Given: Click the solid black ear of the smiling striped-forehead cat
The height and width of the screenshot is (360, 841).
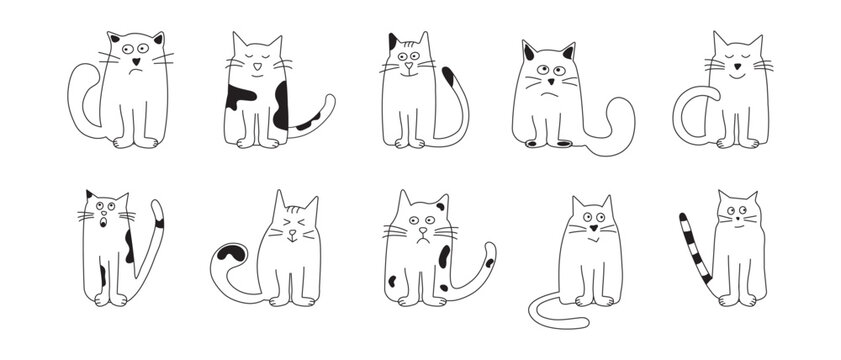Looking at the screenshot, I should coord(393,42).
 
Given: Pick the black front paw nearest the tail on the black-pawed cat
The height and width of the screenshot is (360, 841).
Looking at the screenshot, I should coord(563,144).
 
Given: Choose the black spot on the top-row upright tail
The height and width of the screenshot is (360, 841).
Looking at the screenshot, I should coord(450,77).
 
